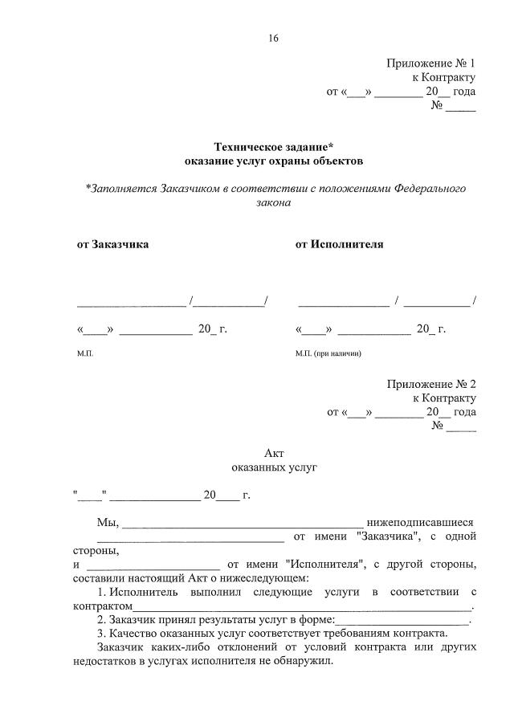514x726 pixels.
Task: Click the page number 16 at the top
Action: tap(273, 38)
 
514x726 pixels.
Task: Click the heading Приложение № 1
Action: tap(430, 63)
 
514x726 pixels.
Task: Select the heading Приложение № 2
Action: tap(430, 384)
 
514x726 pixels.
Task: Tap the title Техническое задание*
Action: tap(273, 147)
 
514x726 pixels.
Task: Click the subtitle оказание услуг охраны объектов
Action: tap(273, 161)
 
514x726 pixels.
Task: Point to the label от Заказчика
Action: tap(112, 244)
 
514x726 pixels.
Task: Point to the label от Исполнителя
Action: tap(339, 244)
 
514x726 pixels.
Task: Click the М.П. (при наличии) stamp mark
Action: tap(328, 353)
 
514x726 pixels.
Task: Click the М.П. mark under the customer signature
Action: tap(85, 353)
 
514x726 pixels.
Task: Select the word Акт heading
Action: tap(274, 453)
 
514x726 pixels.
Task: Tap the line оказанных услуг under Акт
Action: tap(274, 467)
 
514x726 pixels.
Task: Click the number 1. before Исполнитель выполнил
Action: tap(102, 592)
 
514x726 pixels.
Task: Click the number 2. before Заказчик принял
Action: tap(102, 620)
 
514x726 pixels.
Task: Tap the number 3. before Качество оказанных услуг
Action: tap(102, 633)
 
